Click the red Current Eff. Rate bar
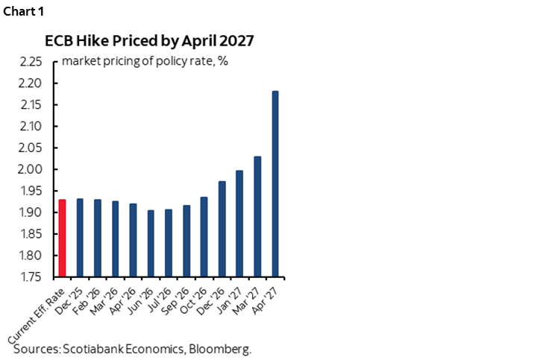(x=62, y=238)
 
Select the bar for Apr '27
(x=275, y=183)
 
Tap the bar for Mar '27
(x=257, y=216)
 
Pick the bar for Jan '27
(x=239, y=223)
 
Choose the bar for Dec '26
(x=222, y=228)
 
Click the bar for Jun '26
(x=151, y=243)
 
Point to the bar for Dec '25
(x=80, y=238)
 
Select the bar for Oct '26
(x=204, y=236)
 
